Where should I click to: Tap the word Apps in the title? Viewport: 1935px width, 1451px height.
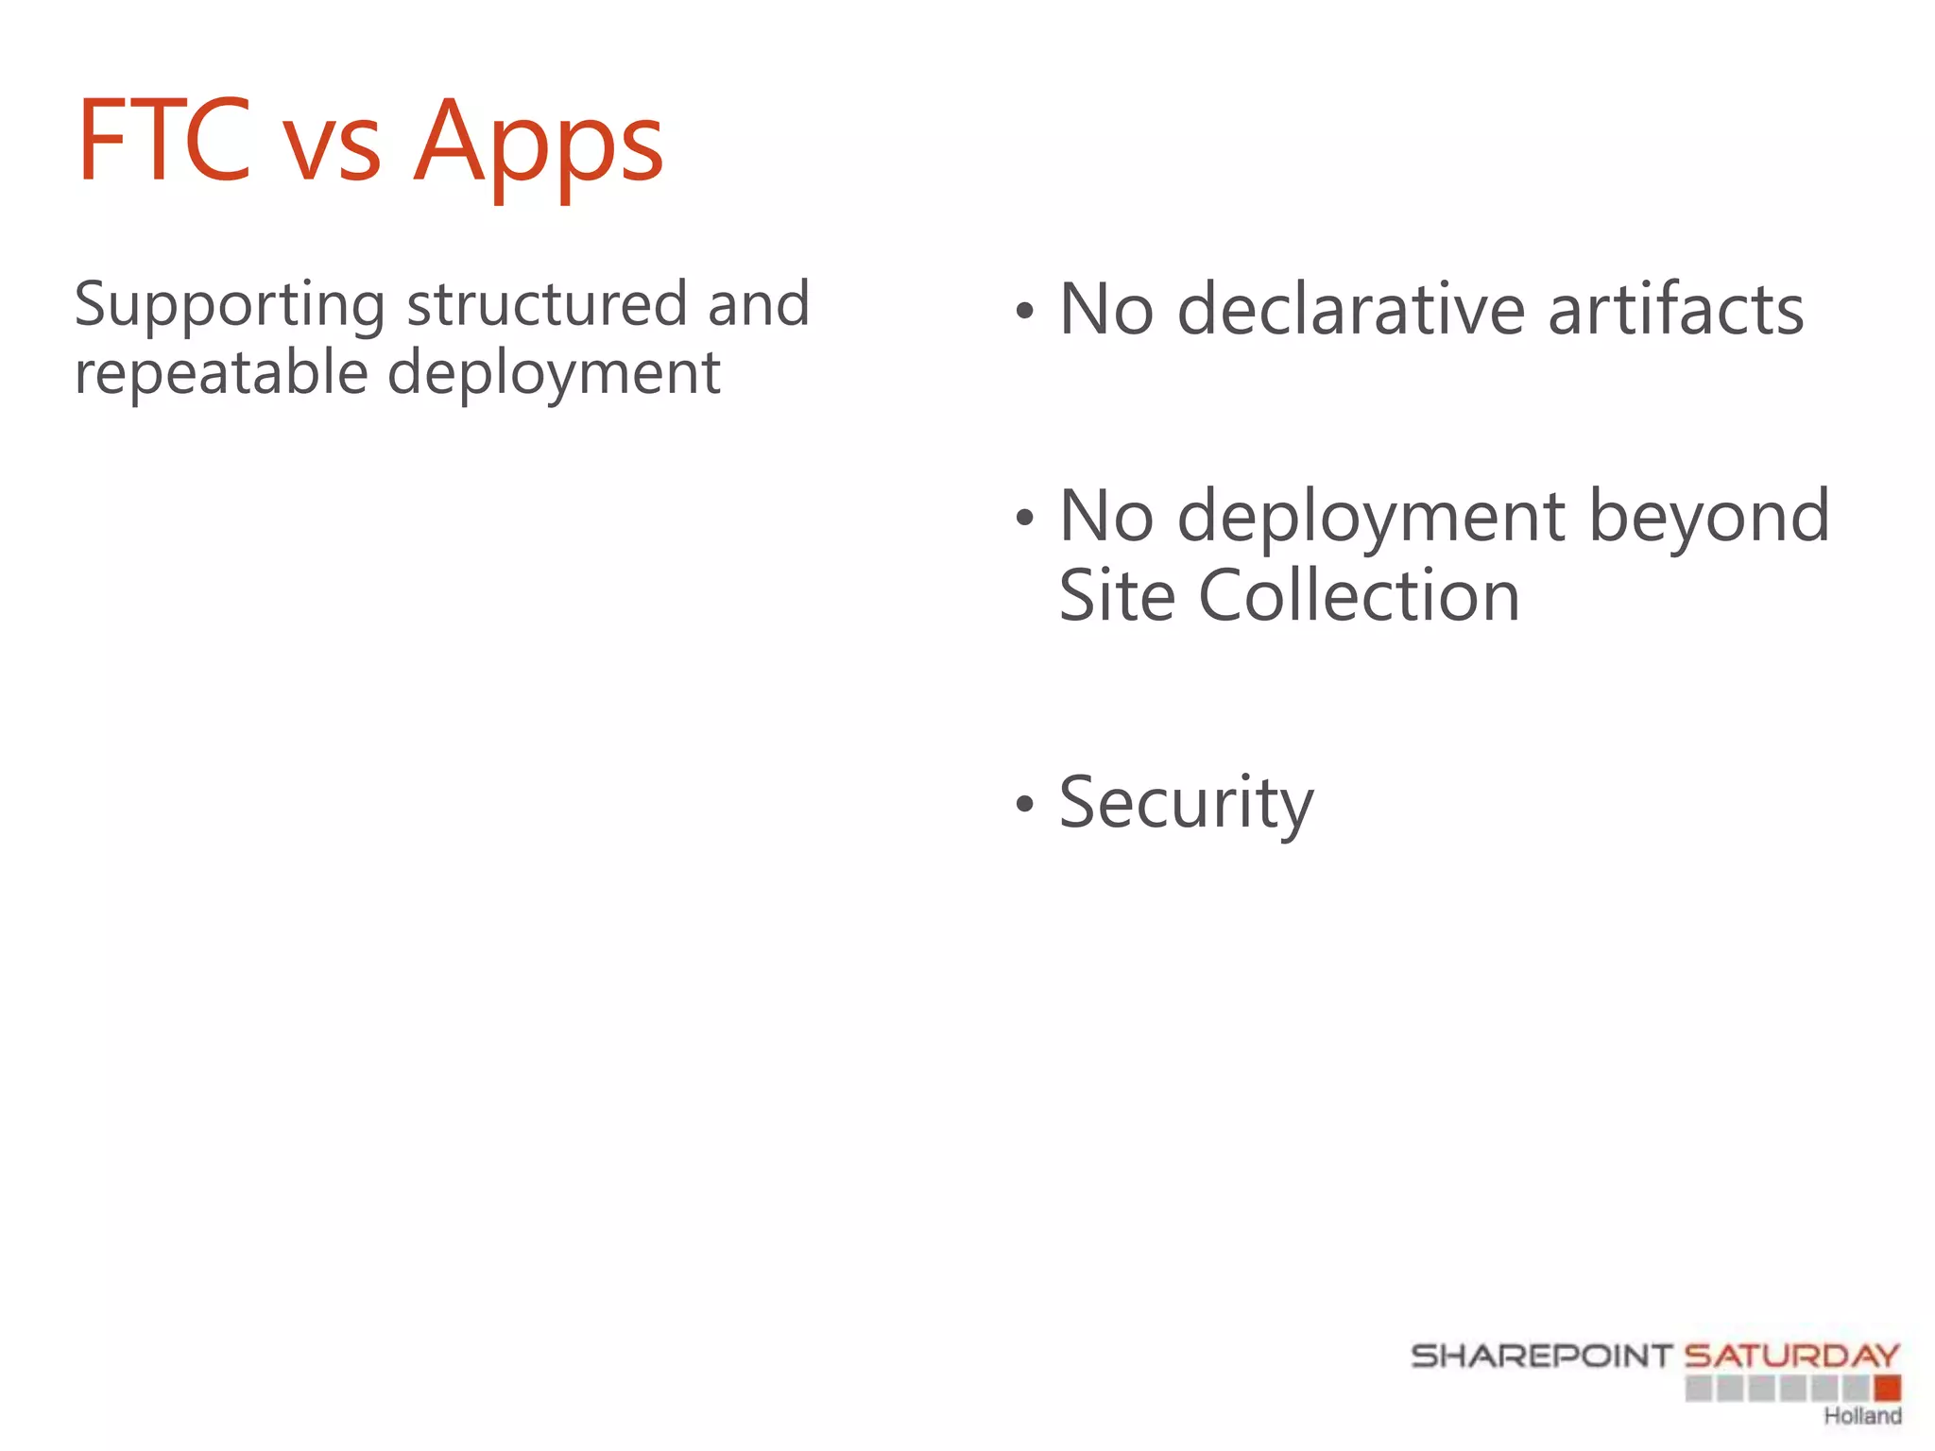539,146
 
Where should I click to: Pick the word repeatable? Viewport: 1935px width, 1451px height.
220,373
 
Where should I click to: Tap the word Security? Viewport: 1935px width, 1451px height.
1186,804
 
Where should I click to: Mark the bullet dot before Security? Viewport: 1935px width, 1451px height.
1025,804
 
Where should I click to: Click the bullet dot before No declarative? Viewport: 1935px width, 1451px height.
1025,311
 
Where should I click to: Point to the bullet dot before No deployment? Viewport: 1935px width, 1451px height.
1025,518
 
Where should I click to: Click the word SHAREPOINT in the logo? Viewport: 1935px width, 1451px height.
1541,1357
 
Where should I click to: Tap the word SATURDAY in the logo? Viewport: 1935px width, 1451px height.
1791,1357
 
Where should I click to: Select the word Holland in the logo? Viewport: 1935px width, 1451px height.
1862,1416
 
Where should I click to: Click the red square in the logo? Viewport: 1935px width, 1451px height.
1888,1388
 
